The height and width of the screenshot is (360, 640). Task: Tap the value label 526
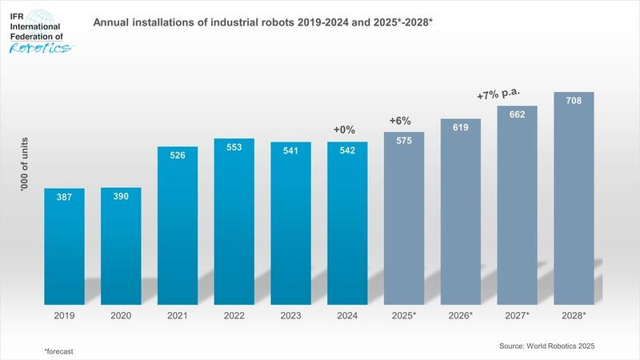click(178, 157)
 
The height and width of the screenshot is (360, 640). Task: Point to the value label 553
click(234, 149)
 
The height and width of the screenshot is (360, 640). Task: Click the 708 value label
click(574, 102)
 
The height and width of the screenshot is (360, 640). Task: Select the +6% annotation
click(400, 120)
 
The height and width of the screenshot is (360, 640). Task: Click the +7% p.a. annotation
click(498, 95)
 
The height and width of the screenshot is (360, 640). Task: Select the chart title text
click(263, 22)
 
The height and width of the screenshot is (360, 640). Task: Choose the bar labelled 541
click(290, 223)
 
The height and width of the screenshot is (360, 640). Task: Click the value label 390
click(121, 197)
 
